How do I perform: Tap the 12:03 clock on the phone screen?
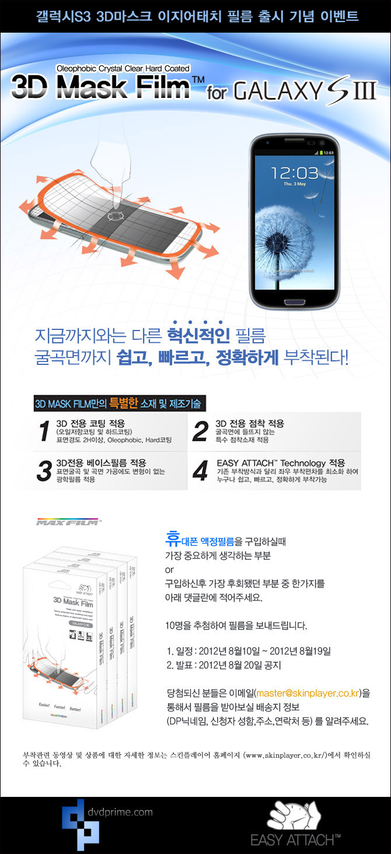(294, 172)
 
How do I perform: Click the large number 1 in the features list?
(44, 431)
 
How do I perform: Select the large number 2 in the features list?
(200, 431)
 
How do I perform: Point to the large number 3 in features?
(44, 471)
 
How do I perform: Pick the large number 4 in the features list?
(200, 471)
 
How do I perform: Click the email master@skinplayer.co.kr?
(308, 693)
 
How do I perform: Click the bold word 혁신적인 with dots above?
(198, 335)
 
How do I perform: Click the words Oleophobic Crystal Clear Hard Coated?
(123, 69)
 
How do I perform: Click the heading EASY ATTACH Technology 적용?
(280, 462)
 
